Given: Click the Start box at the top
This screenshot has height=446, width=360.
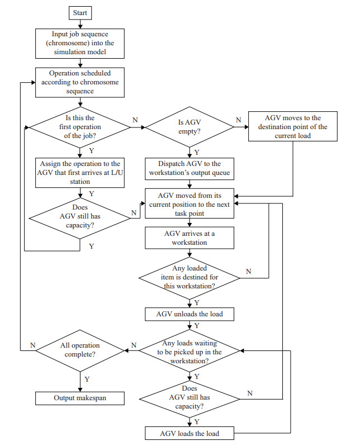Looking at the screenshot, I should (x=80, y=12).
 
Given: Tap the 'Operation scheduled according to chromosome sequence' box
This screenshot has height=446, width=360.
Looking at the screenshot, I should (x=80, y=82).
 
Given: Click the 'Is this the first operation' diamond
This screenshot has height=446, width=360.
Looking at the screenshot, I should (x=80, y=128).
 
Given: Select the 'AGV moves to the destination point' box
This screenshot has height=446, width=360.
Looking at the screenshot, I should (x=293, y=127).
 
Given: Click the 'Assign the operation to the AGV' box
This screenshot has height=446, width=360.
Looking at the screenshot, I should (x=80, y=172).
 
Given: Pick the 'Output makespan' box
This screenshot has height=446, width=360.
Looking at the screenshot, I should (x=80, y=398).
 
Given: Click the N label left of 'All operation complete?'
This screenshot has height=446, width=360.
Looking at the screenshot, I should (x=33, y=345).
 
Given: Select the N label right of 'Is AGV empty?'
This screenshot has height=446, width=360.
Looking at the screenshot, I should (x=239, y=120).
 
